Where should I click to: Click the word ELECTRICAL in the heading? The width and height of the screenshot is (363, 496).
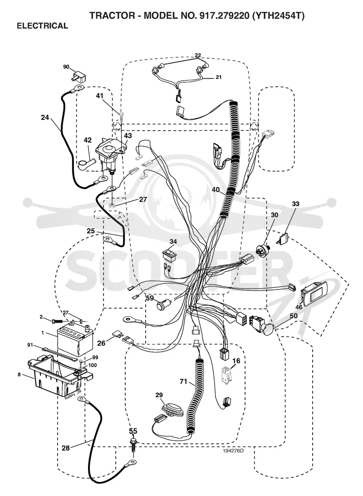pyautogui.click(x=42, y=25)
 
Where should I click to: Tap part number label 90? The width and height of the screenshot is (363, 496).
pyautogui.click(x=66, y=67)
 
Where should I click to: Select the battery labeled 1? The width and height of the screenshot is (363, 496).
pyautogui.click(x=75, y=341)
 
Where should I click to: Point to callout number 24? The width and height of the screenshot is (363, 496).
pyautogui.click(x=45, y=118)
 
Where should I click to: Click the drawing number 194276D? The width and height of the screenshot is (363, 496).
pyautogui.click(x=233, y=451)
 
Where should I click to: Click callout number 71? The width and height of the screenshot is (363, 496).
pyautogui.click(x=183, y=382)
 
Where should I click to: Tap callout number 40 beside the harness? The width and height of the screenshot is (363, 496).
pyautogui.click(x=216, y=190)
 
